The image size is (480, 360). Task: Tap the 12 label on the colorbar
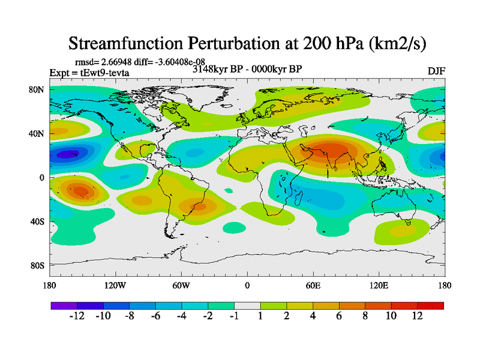416,316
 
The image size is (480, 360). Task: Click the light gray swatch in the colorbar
247,305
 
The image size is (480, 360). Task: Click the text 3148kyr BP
215,69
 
